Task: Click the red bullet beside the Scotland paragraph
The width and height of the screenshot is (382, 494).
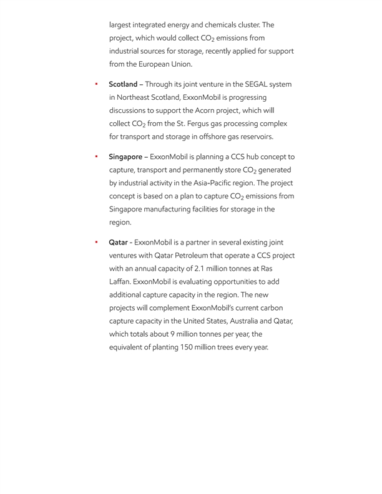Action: point(97,84)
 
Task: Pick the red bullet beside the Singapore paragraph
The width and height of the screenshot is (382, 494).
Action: point(97,156)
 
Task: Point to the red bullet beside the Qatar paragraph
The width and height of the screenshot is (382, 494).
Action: point(97,241)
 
